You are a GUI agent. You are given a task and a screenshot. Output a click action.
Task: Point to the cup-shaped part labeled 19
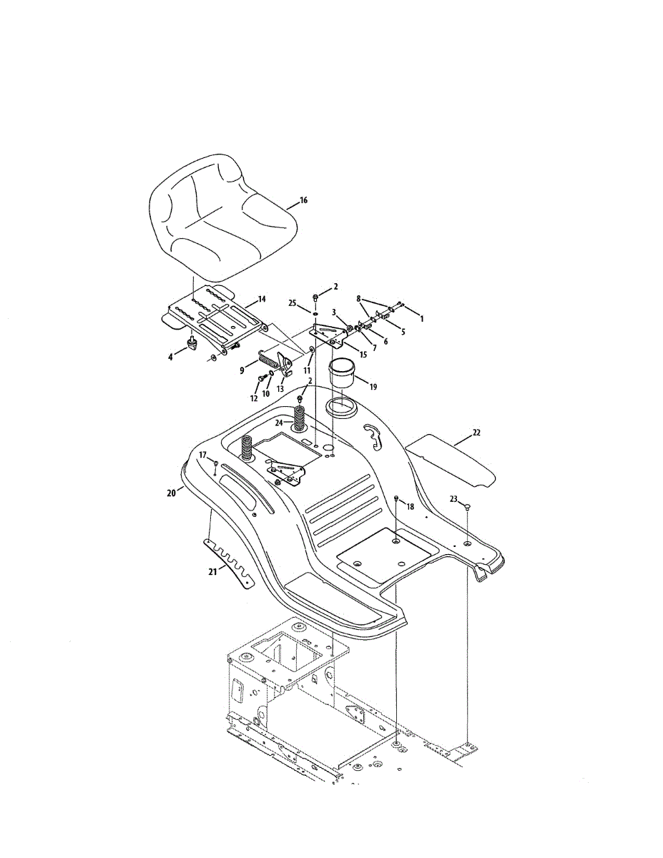(343, 375)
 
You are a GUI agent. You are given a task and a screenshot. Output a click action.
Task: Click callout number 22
(477, 433)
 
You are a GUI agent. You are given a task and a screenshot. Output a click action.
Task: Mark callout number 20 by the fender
(171, 492)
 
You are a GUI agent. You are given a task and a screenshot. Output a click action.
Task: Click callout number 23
(453, 500)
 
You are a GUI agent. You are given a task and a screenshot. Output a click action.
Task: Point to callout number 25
(293, 303)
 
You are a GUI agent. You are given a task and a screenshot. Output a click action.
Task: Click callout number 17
(203, 455)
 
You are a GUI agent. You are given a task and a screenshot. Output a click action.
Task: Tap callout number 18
(410, 506)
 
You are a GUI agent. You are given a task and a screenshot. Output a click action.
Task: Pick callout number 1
(421, 319)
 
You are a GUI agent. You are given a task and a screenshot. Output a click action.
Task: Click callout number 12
(253, 398)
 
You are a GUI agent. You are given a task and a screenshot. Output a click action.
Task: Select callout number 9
(242, 370)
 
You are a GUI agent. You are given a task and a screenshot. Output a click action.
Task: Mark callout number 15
(363, 355)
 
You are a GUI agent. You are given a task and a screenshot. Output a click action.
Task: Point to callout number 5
(402, 332)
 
